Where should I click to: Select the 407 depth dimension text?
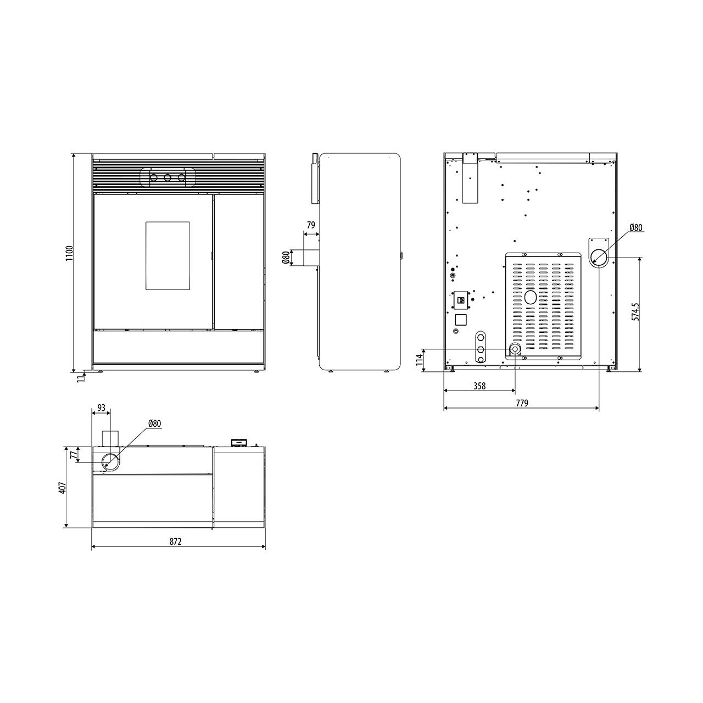click(x=63, y=488)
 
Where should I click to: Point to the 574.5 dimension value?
click(x=636, y=311)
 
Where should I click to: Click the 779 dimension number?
click(x=522, y=403)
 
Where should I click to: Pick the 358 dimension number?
click(x=479, y=386)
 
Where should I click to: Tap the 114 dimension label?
click(x=419, y=360)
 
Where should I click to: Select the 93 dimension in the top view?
click(x=102, y=408)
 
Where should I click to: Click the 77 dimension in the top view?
click(x=74, y=455)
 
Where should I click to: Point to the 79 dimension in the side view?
click(x=311, y=225)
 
